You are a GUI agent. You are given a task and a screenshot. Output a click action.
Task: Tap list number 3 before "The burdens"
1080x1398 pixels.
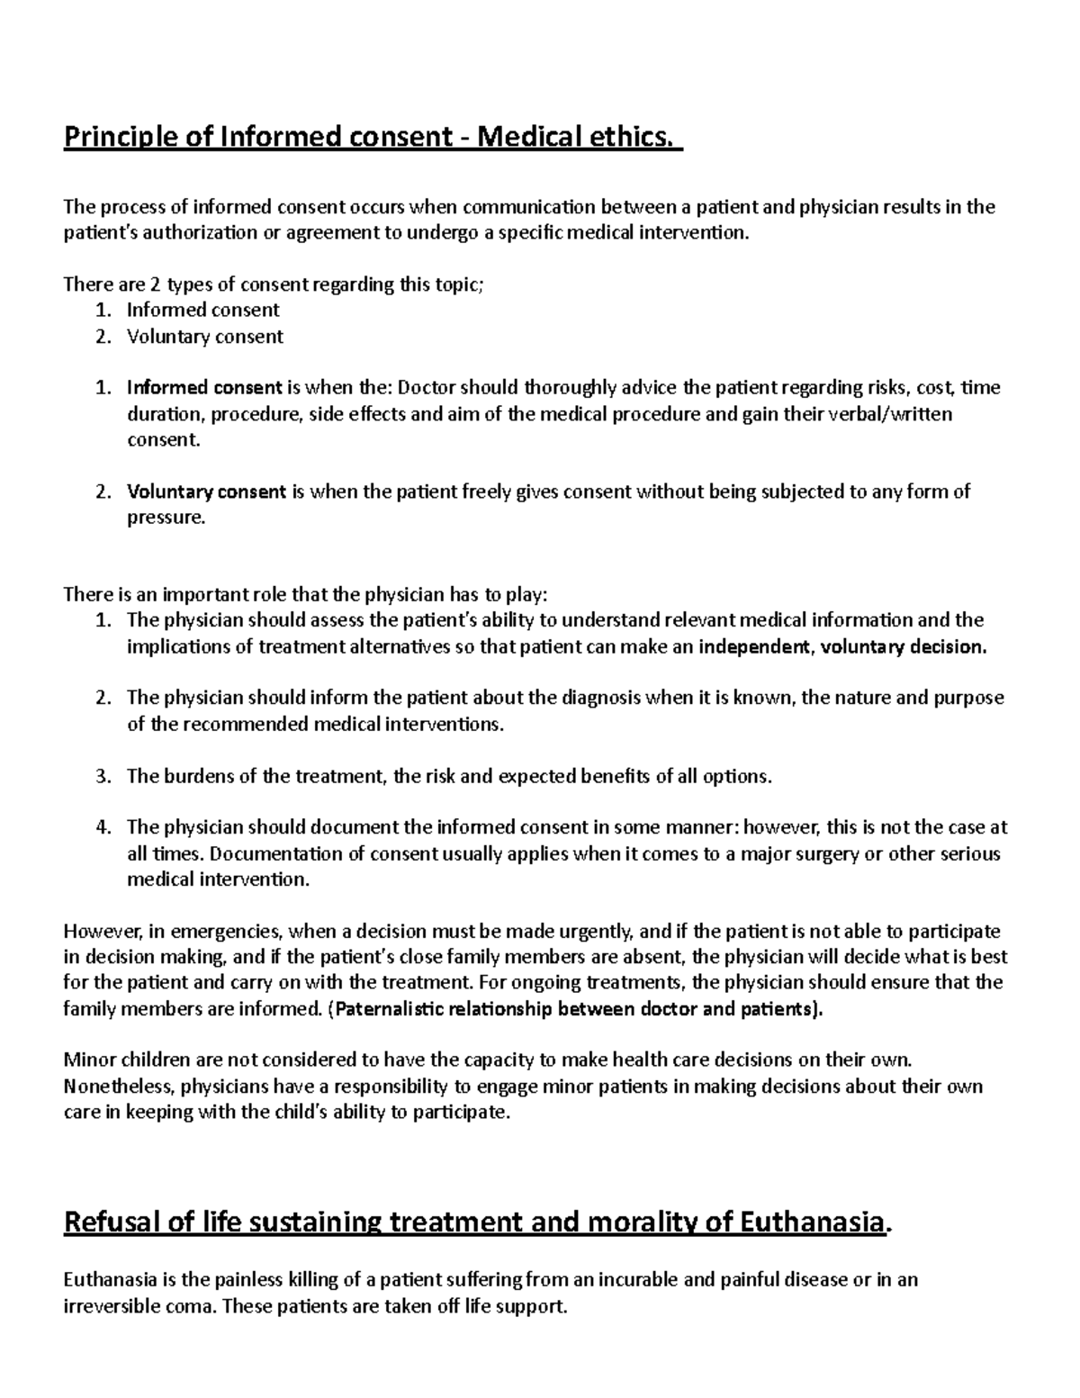[x=103, y=776]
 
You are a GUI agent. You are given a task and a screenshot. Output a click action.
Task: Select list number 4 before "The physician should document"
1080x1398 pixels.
[x=103, y=827]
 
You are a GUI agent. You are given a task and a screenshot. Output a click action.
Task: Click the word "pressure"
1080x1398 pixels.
[x=166, y=518]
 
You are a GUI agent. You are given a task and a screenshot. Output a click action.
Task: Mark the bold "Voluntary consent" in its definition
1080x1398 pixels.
[x=207, y=492]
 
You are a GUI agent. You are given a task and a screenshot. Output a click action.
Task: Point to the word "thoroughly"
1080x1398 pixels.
[x=570, y=388]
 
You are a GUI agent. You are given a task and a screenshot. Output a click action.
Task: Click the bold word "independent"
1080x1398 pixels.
[x=754, y=646]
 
